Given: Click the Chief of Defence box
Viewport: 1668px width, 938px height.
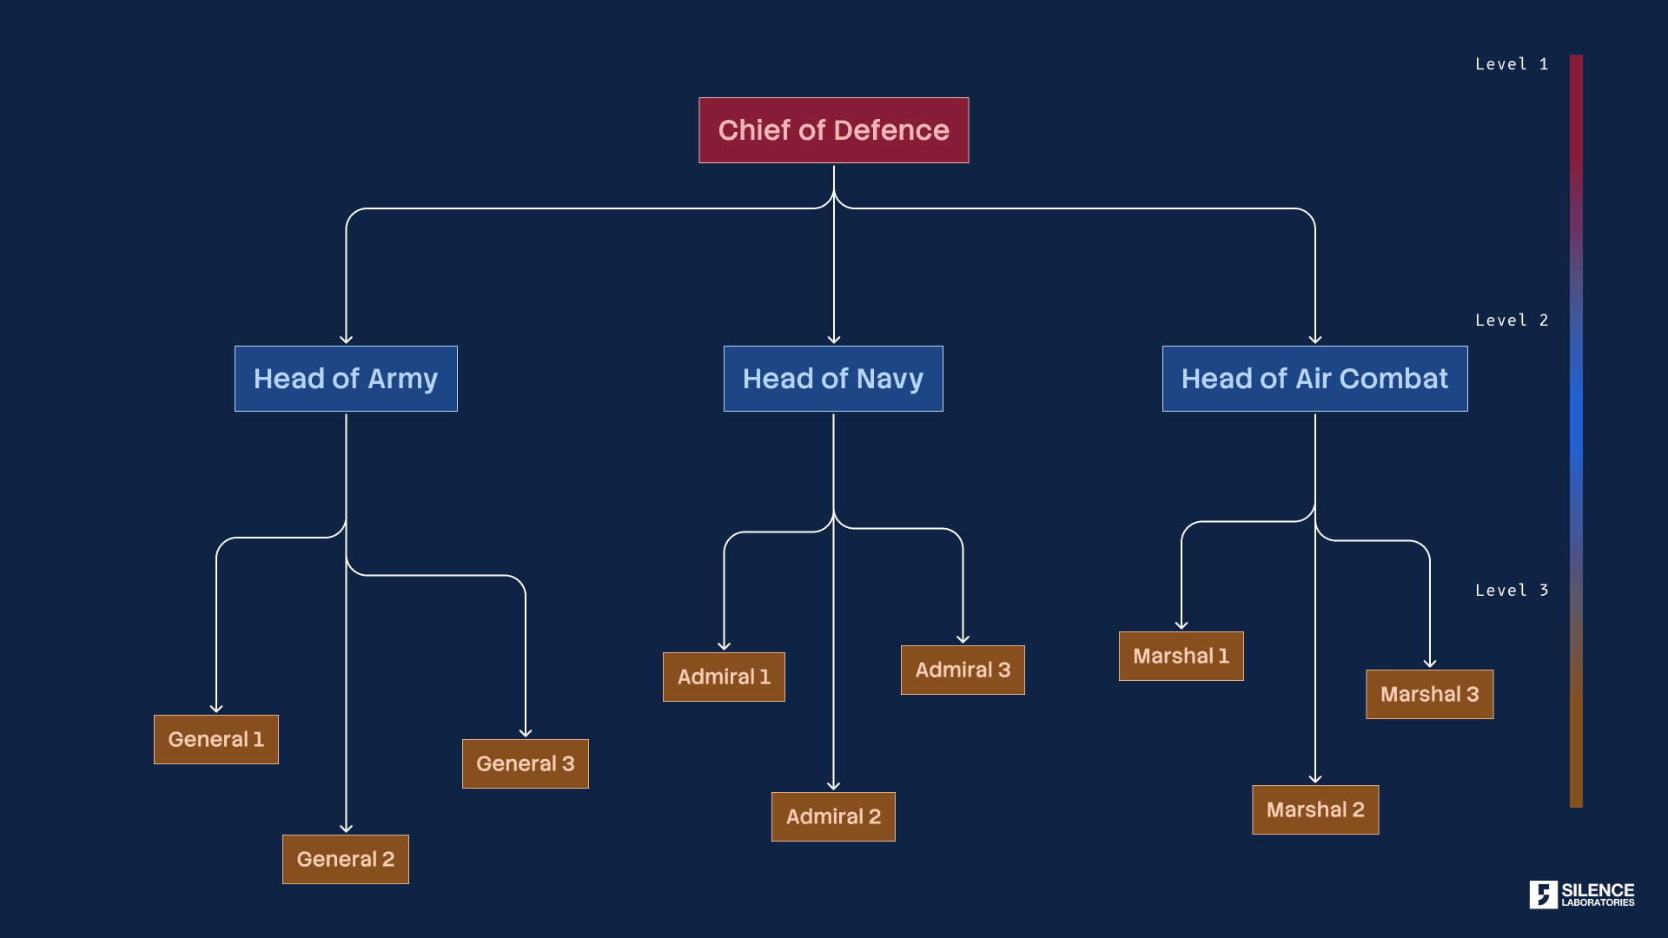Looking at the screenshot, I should click(833, 130).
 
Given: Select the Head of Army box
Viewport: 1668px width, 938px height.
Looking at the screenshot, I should click(346, 379).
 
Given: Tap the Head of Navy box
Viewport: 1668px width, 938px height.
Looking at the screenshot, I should click(833, 379).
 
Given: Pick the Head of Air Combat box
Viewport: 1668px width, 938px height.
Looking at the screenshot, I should click(1314, 379).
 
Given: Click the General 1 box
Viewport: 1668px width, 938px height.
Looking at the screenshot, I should click(216, 739).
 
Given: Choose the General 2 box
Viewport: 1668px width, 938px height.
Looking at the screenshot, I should click(346, 859).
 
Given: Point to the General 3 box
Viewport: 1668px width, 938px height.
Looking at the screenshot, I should click(526, 763).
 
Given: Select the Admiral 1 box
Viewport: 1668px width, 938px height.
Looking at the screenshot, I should click(724, 677).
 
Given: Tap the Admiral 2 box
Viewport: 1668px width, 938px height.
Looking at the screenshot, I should click(833, 816).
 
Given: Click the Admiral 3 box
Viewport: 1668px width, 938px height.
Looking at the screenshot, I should click(963, 670).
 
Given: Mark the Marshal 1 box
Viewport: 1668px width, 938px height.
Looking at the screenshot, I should click(1181, 656).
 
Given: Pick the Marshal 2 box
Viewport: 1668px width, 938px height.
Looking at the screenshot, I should click(1315, 809).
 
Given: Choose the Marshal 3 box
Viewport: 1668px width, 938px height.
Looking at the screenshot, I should click(1430, 694).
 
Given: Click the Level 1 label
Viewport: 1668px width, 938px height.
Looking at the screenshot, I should click(1512, 64).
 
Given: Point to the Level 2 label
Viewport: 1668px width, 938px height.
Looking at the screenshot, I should click(1512, 320).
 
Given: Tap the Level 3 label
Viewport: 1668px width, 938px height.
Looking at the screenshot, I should click(1512, 591).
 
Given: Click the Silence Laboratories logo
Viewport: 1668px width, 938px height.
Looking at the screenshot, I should click(1582, 895).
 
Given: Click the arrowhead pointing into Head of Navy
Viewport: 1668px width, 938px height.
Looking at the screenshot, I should click(834, 340).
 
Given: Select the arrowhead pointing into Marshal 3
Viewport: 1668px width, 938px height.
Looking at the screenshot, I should click(1430, 664).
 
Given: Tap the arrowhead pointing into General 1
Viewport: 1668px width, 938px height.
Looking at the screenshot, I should click(216, 709).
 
